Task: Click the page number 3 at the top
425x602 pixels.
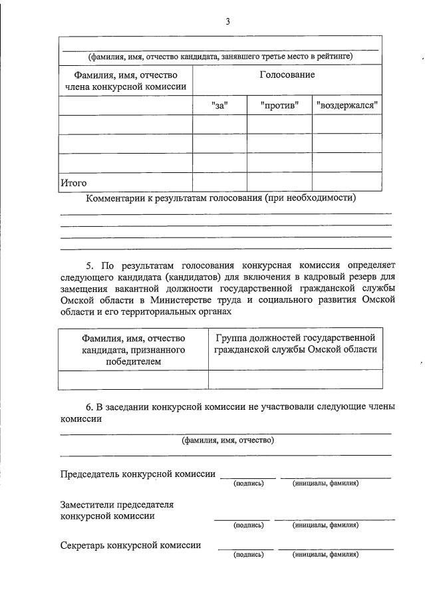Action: (x=227, y=21)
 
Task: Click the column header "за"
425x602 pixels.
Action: (x=219, y=105)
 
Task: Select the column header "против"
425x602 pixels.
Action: (x=279, y=105)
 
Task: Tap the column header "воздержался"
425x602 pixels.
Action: (x=347, y=105)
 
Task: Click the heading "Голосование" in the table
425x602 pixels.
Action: (x=287, y=75)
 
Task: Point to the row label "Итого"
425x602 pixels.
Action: (x=74, y=182)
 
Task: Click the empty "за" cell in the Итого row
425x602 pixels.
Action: (x=219, y=182)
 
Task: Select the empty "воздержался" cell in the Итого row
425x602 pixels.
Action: (x=347, y=182)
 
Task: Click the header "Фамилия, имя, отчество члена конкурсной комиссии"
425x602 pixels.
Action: (x=125, y=80)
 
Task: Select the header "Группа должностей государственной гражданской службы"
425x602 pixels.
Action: (x=295, y=343)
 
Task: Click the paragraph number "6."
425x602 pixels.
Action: (x=90, y=407)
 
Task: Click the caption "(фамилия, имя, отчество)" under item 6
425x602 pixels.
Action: (x=228, y=440)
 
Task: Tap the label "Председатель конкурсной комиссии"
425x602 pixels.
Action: (x=138, y=474)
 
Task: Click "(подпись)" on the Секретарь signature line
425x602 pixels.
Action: (x=249, y=554)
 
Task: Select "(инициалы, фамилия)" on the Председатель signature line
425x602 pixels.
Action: (x=326, y=483)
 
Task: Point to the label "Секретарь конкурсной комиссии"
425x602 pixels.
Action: (x=130, y=545)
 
